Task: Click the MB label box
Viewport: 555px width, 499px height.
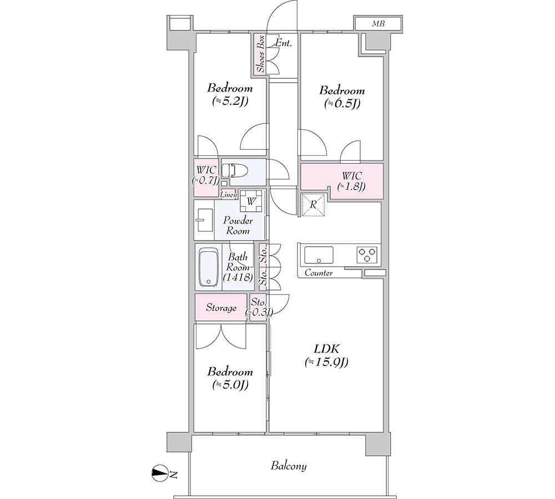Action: [378, 24]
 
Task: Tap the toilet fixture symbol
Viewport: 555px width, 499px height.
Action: [235, 170]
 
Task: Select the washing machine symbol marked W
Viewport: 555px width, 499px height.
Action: [251, 201]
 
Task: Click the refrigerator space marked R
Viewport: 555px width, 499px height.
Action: [313, 205]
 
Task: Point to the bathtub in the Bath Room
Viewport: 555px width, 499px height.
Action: [208, 267]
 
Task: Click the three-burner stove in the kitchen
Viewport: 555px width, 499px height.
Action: [367, 254]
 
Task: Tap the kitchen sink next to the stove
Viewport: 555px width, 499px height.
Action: [319, 254]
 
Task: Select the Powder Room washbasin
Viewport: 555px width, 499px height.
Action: [204, 220]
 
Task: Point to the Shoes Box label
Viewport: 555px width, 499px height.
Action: [261, 54]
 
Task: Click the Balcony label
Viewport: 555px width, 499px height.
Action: [289, 466]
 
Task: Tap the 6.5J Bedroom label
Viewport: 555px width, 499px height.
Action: [342, 96]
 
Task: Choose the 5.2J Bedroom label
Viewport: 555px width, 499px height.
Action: [230, 94]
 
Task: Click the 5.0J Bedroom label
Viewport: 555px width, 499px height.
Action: [230, 378]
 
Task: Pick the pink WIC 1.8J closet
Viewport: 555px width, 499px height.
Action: [342, 180]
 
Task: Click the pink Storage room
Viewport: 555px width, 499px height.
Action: [221, 308]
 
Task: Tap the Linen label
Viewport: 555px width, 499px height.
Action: [228, 195]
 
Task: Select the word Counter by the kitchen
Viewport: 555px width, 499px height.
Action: [319, 273]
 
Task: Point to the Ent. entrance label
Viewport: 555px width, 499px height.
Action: [284, 43]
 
